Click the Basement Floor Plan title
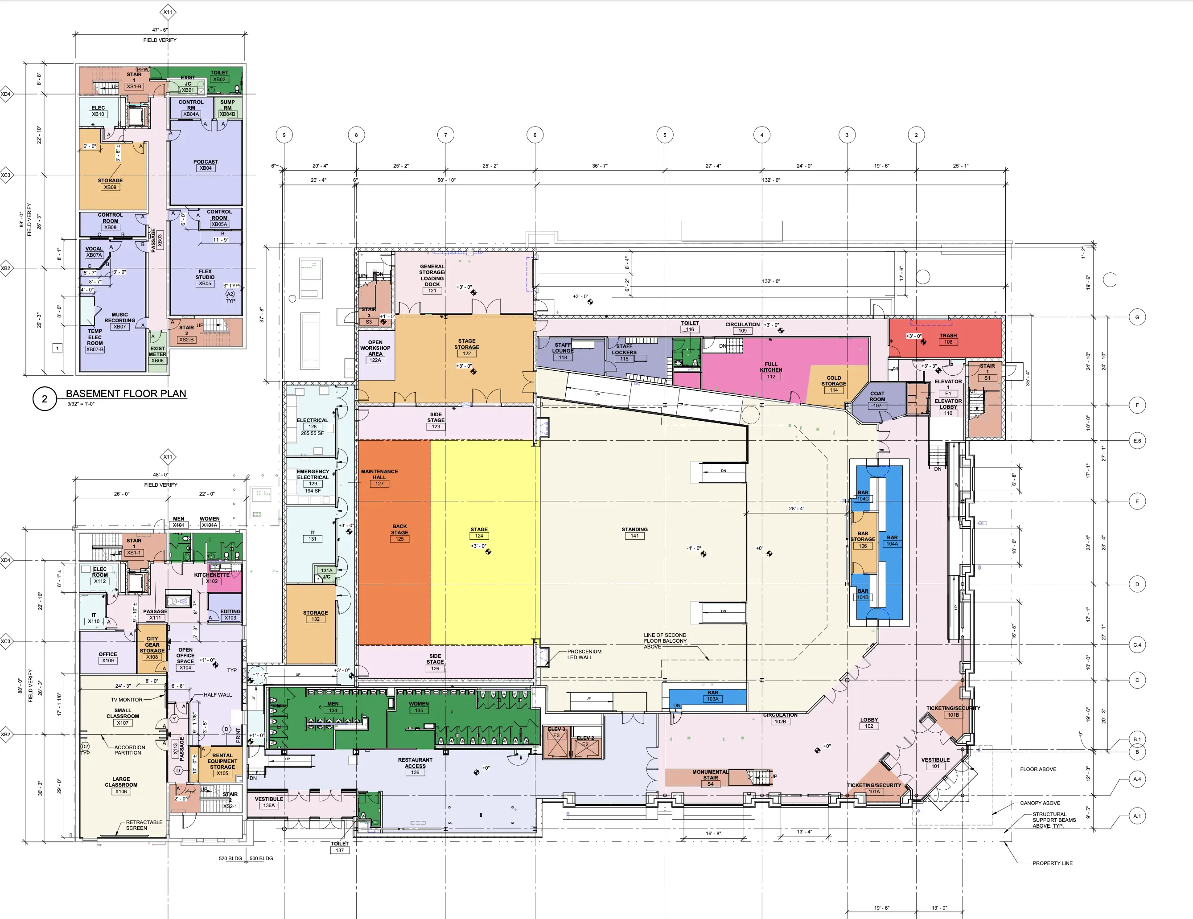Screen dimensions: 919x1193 (x=126, y=394)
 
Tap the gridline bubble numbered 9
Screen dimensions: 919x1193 (x=284, y=135)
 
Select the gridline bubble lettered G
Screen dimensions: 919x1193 (x=1137, y=317)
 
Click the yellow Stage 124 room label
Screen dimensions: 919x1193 (x=479, y=533)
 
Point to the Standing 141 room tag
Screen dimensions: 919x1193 (x=634, y=533)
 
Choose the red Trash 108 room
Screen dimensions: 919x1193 (x=948, y=339)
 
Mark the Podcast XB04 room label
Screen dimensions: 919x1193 (x=206, y=165)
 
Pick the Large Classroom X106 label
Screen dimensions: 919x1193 (x=121, y=785)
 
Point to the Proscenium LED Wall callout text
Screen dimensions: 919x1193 (x=584, y=654)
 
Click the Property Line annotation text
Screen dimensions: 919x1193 (x=1052, y=863)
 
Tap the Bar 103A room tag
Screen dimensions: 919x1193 (x=712, y=696)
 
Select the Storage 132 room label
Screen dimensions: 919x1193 (x=315, y=616)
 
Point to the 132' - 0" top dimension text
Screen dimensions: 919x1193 (x=771, y=180)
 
